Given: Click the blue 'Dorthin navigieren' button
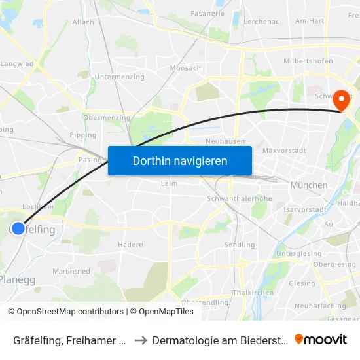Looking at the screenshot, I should (x=180, y=160).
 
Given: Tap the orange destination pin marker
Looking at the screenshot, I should (x=341, y=101).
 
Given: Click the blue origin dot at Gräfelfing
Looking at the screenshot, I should (x=18, y=228).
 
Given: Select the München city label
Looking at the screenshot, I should (x=310, y=185).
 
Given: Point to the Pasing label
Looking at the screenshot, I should (x=90, y=160).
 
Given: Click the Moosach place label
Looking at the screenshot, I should (x=185, y=68).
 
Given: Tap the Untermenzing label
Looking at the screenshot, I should (x=120, y=77).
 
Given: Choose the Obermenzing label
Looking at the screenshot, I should (x=107, y=118).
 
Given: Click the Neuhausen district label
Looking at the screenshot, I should (x=225, y=141).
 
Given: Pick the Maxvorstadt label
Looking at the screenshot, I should (x=284, y=151).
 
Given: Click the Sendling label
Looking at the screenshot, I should (x=240, y=245).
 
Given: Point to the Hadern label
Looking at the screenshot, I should (x=130, y=245).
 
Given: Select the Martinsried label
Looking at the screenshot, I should (x=71, y=271).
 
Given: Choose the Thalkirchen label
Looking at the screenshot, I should (x=247, y=292).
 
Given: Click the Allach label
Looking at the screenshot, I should (x=83, y=22).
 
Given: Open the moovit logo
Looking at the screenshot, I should (x=321, y=340).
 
